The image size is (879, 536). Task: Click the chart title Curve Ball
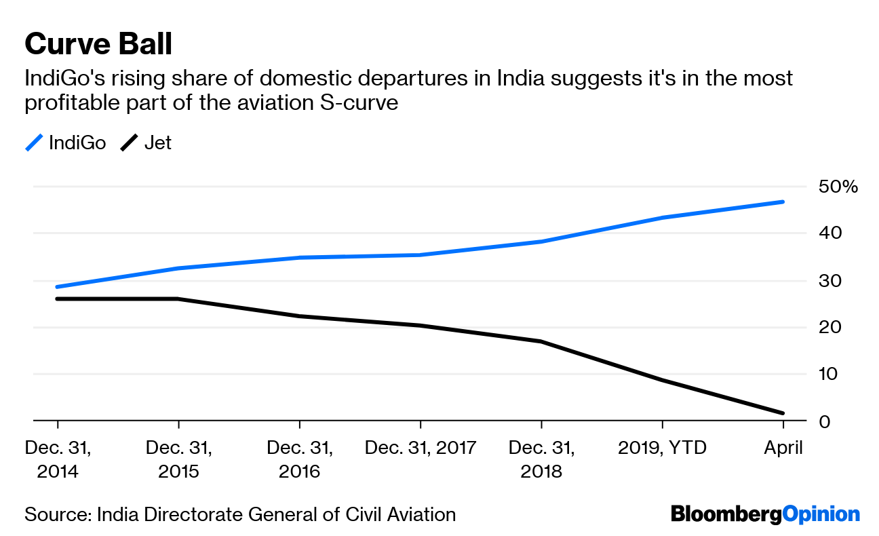pyautogui.click(x=98, y=44)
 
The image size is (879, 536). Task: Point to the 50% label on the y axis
pyautogui.click(x=839, y=187)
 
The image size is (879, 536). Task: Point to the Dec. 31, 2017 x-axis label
pyautogui.click(x=421, y=448)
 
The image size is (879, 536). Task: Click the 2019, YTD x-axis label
pyautogui.click(x=662, y=448)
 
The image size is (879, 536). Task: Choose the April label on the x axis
pyautogui.click(x=783, y=448)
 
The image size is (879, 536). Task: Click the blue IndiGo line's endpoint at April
pyautogui.click(x=783, y=202)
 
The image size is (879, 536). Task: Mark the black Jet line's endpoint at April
pyautogui.click(x=783, y=413)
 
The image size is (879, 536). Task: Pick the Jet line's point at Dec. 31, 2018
pyautogui.click(x=541, y=341)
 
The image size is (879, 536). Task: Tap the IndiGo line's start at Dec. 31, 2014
pyautogui.click(x=58, y=287)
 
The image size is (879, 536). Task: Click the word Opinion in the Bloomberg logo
pyautogui.click(x=821, y=514)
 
